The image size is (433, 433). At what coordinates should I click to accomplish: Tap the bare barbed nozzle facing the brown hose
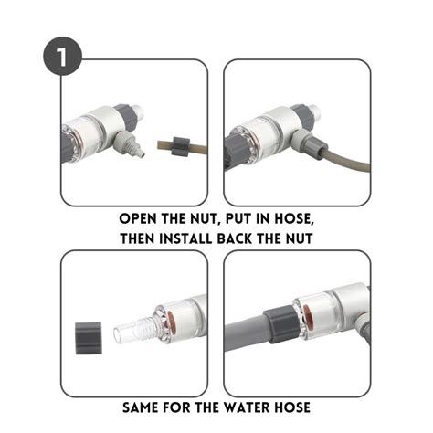[137, 145]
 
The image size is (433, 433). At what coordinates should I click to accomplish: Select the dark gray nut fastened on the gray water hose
[277, 327]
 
